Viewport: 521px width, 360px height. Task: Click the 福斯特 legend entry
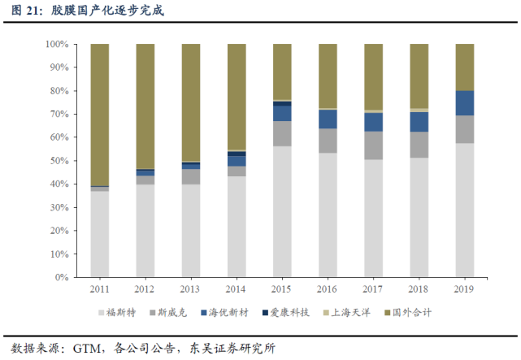(x=117, y=313)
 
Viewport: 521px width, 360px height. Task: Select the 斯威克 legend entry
(x=168, y=313)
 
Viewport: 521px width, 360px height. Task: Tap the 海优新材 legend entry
(x=224, y=313)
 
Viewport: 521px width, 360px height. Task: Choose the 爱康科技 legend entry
(x=286, y=313)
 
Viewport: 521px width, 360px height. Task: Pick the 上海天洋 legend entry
(x=347, y=313)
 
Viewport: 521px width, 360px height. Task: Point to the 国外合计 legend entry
(x=408, y=313)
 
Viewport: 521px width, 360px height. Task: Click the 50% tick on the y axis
(x=59, y=161)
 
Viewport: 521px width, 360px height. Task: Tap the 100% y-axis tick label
(x=57, y=44)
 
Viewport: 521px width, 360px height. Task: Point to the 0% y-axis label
(x=62, y=277)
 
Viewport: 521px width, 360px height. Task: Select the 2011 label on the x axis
(x=100, y=289)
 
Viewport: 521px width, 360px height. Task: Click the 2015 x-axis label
(x=281, y=289)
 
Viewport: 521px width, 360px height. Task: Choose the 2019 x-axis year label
(x=464, y=289)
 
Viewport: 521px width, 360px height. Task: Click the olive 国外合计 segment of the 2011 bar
(x=100, y=115)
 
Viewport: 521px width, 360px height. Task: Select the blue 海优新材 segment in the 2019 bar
(x=465, y=103)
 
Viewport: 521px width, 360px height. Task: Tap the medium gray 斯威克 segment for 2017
(x=373, y=145)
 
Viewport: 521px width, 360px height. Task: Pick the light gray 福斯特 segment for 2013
(x=191, y=231)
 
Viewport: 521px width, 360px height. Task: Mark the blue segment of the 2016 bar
(x=328, y=119)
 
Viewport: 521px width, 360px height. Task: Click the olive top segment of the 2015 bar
(x=282, y=72)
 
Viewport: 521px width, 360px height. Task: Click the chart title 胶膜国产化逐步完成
(x=107, y=11)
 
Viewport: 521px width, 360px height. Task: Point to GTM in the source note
(x=87, y=349)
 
